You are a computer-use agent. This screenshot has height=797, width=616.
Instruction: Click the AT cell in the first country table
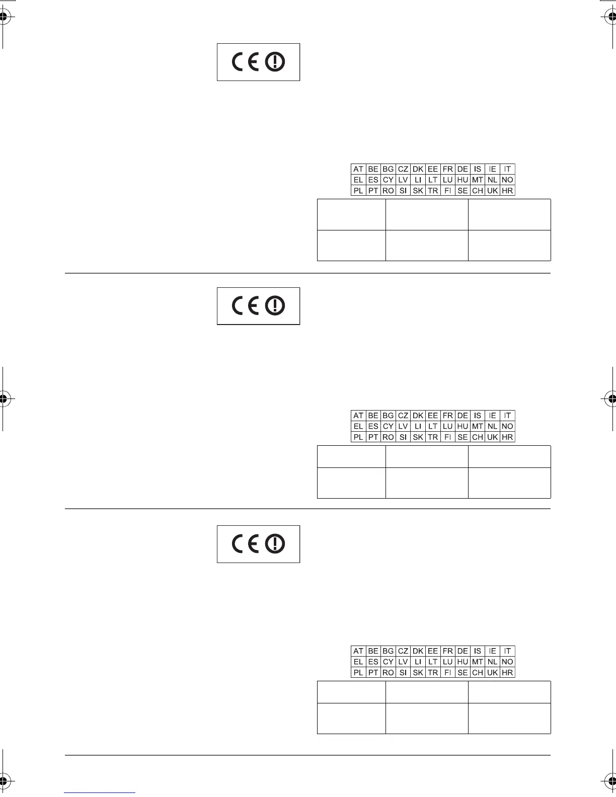click(x=358, y=169)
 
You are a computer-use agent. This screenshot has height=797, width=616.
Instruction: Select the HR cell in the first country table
click(x=507, y=191)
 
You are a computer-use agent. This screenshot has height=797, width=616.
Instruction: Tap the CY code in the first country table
click(x=388, y=180)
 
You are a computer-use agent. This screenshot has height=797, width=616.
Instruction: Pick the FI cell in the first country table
click(x=447, y=191)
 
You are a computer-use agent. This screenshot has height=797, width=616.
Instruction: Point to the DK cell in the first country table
click(x=418, y=169)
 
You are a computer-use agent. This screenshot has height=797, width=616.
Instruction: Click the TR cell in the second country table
click(x=433, y=437)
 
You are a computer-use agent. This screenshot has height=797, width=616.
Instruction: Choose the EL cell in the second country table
click(x=358, y=426)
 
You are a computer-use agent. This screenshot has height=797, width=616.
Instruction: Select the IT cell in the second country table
click(x=507, y=416)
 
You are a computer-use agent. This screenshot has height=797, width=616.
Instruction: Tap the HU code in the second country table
click(x=463, y=426)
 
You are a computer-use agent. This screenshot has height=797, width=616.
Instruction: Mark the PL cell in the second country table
click(x=358, y=437)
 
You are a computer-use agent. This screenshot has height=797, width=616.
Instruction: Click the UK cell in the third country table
click(x=492, y=673)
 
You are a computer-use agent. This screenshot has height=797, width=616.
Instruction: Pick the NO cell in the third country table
click(x=507, y=662)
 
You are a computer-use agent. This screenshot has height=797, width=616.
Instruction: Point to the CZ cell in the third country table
click(x=403, y=651)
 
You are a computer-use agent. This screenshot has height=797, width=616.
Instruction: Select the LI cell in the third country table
click(x=418, y=662)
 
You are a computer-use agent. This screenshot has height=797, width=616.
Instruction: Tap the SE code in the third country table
click(x=463, y=673)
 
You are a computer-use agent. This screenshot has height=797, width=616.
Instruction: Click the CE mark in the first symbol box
click(x=246, y=62)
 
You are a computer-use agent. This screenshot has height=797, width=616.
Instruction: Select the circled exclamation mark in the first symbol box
click(x=275, y=62)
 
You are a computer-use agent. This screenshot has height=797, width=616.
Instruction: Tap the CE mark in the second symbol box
click(x=246, y=306)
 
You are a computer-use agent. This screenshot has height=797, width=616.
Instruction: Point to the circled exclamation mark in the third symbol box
click(x=275, y=544)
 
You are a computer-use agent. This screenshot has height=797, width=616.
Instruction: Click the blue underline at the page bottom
click(x=100, y=792)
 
